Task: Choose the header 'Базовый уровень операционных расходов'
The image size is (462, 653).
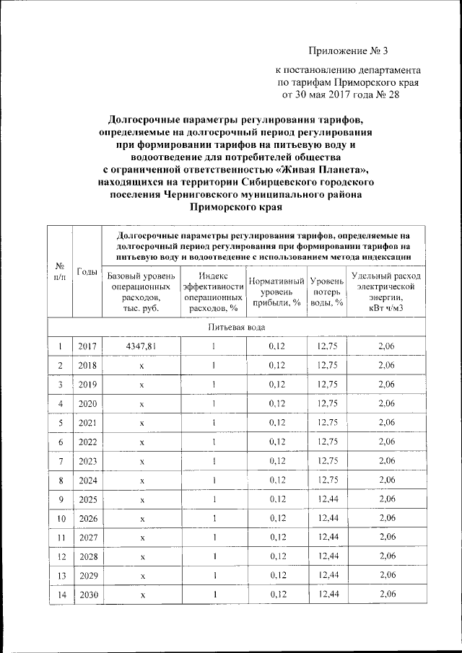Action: tap(141, 292)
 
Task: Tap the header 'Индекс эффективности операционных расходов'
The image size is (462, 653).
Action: tap(213, 292)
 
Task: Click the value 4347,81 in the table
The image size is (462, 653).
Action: tap(141, 347)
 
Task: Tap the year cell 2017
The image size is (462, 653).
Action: tap(87, 347)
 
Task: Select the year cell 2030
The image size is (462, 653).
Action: tap(87, 594)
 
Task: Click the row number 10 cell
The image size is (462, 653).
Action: tap(61, 518)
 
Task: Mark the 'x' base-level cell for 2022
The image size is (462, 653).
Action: tap(141, 442)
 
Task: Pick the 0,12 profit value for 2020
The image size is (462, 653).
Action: tap(276, 403)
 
